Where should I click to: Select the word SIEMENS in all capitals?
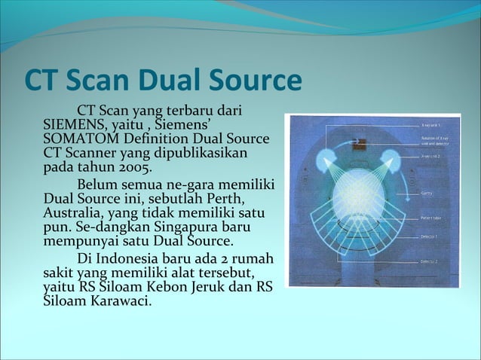75,126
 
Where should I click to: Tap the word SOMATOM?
84,139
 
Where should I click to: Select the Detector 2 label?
431,261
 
